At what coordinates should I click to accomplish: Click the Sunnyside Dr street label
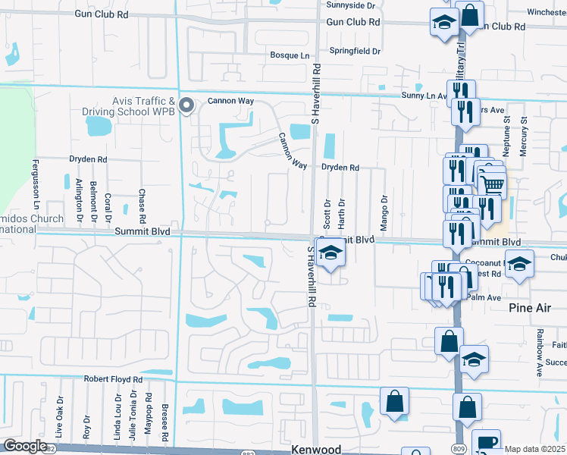(351, 5)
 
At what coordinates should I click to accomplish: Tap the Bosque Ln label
(291, 55)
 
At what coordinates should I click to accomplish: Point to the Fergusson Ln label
(35, 184)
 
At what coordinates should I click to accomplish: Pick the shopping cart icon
(493, 183)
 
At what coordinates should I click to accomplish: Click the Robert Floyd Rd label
(113, 378)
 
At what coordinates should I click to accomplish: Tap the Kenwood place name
(316, 449)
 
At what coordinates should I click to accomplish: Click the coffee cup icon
(486, 441)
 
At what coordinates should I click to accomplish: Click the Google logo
(24, 446)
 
